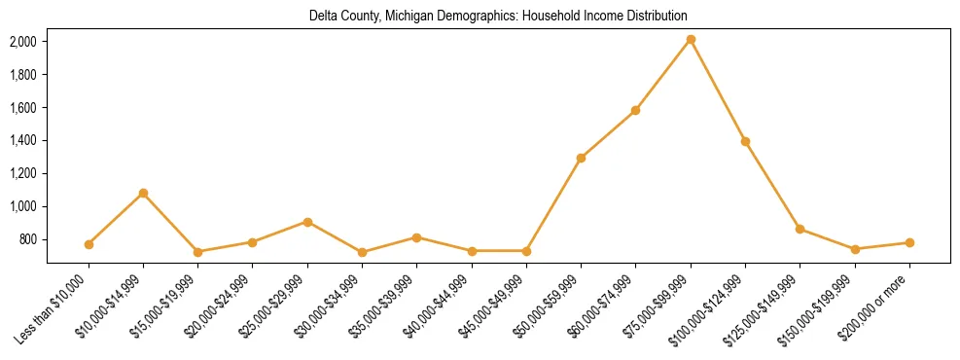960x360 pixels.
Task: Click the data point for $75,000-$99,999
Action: point(691,40)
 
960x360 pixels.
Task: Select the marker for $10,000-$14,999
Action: point(143,193)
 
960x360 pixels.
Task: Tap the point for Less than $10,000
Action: point(89,244)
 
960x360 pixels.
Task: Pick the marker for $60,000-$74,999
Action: point(635,110)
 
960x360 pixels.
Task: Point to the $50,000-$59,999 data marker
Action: point(581,158)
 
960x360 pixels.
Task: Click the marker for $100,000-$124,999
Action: point(745,141)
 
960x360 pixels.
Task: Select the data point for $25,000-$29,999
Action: point(307,222)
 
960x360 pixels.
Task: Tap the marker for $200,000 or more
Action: point(909,242)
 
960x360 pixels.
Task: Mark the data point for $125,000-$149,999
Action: point(800,229)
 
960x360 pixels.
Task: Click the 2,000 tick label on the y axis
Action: point(23,42)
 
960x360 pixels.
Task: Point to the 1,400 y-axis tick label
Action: point(23,141)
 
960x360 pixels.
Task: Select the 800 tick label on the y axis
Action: point(28,240)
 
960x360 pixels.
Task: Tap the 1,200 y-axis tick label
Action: point(23,174)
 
